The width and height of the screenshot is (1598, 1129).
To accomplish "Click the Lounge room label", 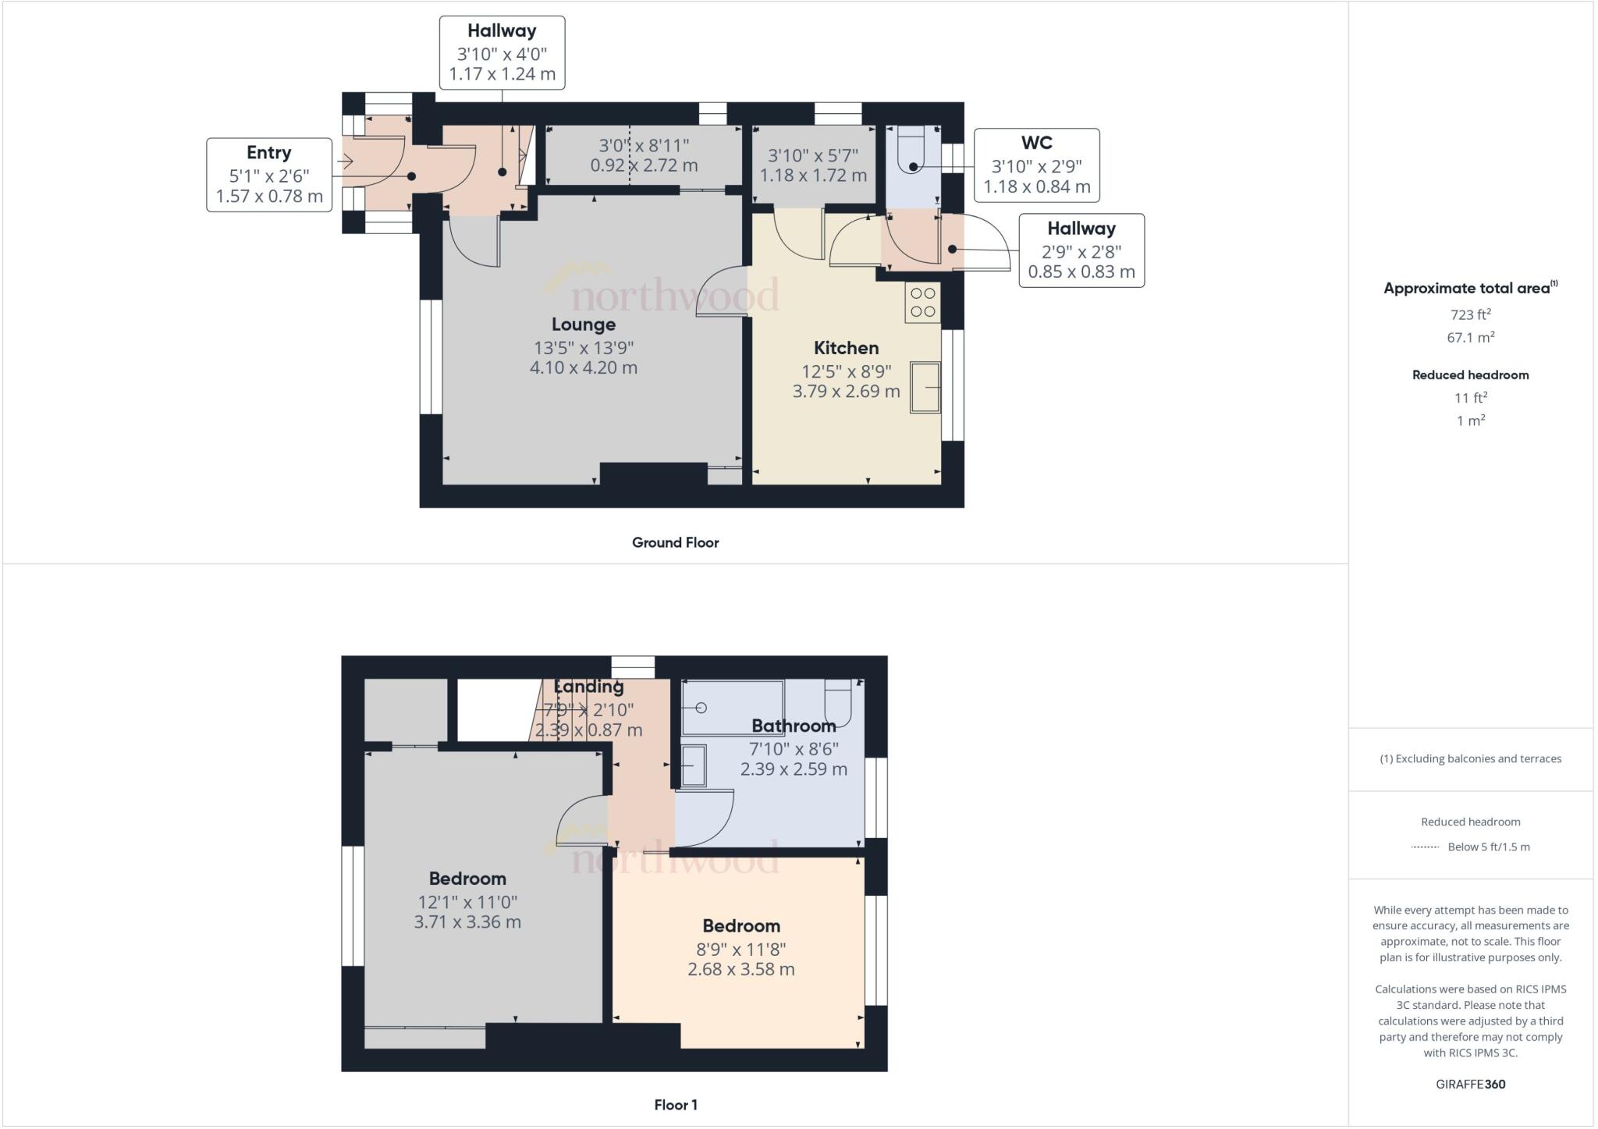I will coord(583,325).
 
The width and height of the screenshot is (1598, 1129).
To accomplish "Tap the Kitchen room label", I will coord(846,348).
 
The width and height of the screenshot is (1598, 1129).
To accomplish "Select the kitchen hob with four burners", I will coord(923,303).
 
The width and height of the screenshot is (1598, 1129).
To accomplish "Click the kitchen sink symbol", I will coord(925,387).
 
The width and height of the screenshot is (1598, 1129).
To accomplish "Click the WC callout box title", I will coord(1036,143).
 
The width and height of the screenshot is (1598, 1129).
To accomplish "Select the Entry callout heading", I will coord(268,153).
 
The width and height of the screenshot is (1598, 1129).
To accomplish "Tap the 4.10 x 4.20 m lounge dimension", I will coord(583,367).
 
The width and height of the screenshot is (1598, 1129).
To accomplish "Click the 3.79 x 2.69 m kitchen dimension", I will coord(846,391).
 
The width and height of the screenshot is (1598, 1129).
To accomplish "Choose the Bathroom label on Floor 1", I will coord(794,726).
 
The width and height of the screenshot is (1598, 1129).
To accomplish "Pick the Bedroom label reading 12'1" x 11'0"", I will coord(467,879).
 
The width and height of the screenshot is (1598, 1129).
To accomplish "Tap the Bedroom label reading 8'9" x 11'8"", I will coord(740,926).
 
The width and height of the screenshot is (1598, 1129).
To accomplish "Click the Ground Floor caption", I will coord(675,542).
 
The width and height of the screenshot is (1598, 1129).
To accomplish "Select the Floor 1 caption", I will coord(675,1105).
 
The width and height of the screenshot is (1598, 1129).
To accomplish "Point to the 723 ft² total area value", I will coord(1470,314).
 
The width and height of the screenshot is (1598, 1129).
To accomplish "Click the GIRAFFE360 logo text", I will coord(1470,1084).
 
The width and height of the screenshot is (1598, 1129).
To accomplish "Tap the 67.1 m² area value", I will coord(1470,337).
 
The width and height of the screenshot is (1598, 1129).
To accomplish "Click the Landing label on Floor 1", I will coord(588,687).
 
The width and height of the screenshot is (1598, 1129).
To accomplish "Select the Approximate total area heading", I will coord(1467,288).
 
